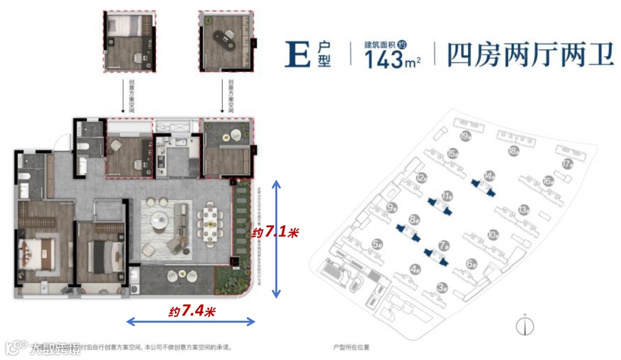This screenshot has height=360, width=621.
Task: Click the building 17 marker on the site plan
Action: pyautogui.click(x=568, y=163)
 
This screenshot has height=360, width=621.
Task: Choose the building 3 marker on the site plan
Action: pyautogui.click(x=442, y=286)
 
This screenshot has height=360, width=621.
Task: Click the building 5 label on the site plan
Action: pyautogui.click(x=377, y=244)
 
